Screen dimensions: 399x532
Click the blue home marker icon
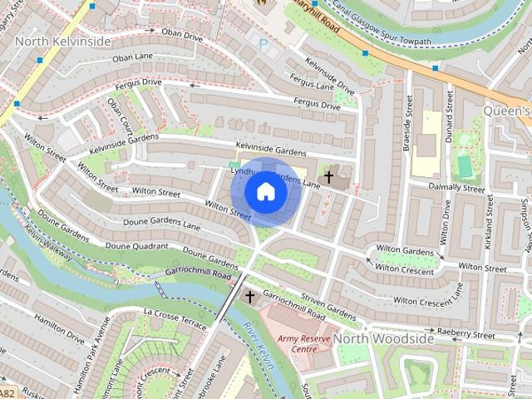click(x=265, y=192)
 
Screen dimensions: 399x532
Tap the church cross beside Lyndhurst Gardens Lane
click(x=328, y=177)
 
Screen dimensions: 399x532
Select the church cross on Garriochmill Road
click(x=249, y=296)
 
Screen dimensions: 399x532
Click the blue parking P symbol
click(x=264, y=44)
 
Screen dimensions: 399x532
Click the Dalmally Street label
click(x=456, y=189)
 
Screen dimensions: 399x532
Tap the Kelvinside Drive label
click(x=329, y=75)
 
